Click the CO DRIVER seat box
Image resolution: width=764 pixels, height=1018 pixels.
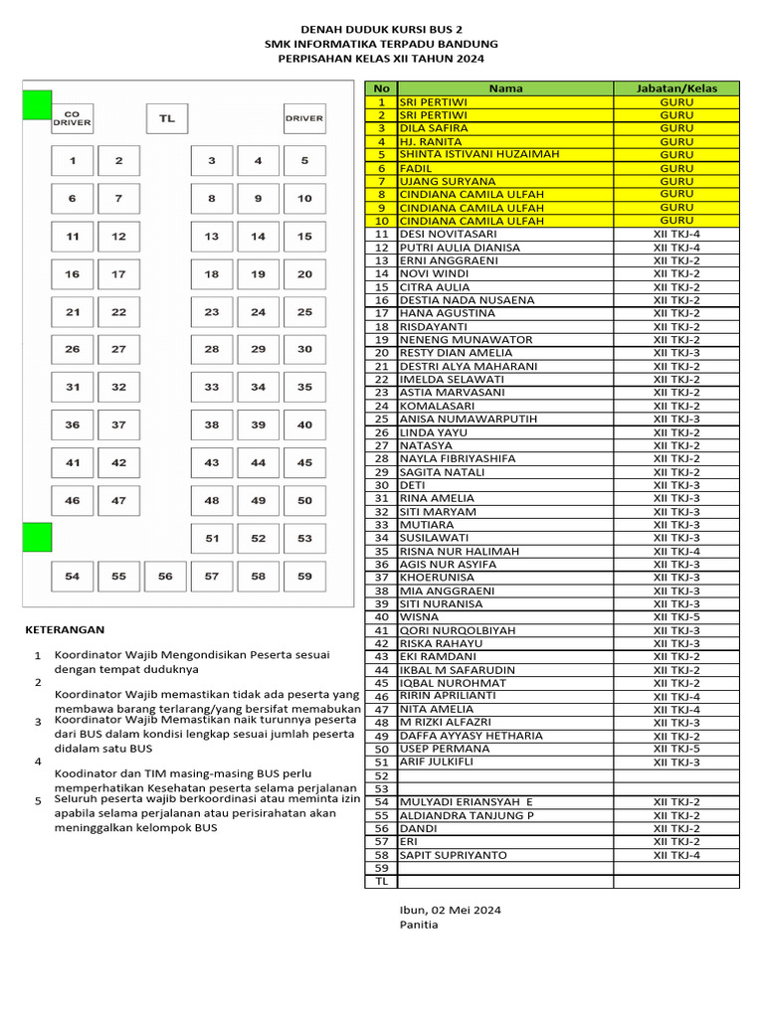[72, 118]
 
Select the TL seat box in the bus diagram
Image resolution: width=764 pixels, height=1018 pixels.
[166, 118]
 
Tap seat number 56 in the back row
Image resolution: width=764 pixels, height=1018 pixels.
[165, 576]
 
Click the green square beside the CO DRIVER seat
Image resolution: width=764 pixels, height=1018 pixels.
[37, 104]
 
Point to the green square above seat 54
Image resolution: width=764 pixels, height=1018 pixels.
[37, 537]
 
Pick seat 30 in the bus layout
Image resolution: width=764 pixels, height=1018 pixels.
[304, 349]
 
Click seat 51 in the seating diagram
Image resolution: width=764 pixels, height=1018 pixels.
[212, 538]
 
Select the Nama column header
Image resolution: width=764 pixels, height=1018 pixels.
[504, 88]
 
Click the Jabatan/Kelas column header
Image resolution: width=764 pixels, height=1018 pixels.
[676, 88]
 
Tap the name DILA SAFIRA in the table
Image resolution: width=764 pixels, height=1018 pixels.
[433, 128]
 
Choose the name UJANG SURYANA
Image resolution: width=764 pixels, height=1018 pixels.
[447, 181]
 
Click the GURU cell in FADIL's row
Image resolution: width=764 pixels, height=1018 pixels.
[676, 168]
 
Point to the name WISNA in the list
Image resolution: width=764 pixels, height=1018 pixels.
[419, 616]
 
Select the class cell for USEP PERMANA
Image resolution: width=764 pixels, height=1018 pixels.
[676, 749]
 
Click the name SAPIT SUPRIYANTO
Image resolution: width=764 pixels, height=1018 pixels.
[453, 855]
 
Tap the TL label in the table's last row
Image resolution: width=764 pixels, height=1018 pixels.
[380, 881]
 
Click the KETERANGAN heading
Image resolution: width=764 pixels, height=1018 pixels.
[65, 629]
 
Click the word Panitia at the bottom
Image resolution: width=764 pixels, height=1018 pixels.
[418, 924]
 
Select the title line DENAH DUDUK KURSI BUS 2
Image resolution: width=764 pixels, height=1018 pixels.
[381, 30]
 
